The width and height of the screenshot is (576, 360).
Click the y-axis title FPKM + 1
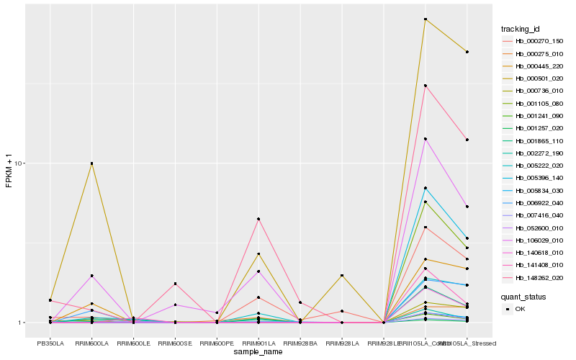click(9, 173)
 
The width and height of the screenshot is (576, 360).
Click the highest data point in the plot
click(426, 19)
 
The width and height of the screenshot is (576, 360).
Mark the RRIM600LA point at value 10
click(91, 163)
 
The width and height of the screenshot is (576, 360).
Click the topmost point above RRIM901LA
click(258, 219)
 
